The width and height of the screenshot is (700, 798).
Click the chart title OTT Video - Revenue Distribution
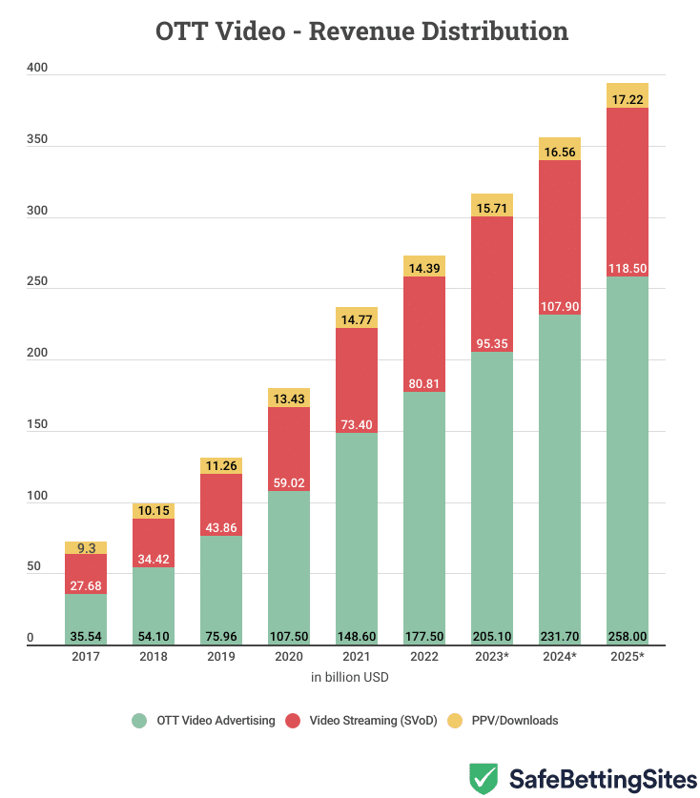pos(361,31)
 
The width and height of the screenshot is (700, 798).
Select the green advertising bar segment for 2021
pos(357,534)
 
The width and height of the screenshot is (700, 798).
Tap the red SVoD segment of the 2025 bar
pos(628,191)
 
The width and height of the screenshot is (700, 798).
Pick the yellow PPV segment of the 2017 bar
pos(86,548)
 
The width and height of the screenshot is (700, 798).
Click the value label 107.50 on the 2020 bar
pos(289,635)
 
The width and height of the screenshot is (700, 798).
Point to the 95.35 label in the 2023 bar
pos(492,340)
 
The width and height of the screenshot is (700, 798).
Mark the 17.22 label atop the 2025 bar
pos(628,98)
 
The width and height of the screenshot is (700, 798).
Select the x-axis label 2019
pos(221,657)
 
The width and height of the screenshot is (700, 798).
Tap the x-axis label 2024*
pos(560,657)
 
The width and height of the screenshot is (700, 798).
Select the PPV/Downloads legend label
pos(519,721)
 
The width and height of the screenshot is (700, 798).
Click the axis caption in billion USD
pos(349,678)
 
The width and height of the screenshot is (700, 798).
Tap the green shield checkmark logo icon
pos(484,778)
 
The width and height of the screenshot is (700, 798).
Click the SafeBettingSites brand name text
pos(603,779)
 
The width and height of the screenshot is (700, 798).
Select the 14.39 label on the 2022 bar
pos(424,269)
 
